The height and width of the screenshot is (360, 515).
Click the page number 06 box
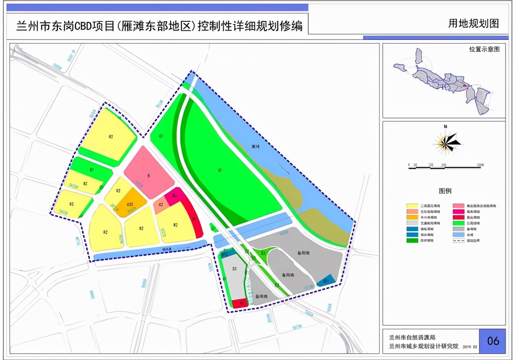pos(492,341)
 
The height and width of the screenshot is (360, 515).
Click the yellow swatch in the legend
pos(412,206)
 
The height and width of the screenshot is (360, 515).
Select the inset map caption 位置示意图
pos(484,50)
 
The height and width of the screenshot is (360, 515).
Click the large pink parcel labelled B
pos(149,172)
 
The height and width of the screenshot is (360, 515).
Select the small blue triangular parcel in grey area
pos(327,280)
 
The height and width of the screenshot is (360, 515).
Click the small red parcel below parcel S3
pos(240,303)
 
